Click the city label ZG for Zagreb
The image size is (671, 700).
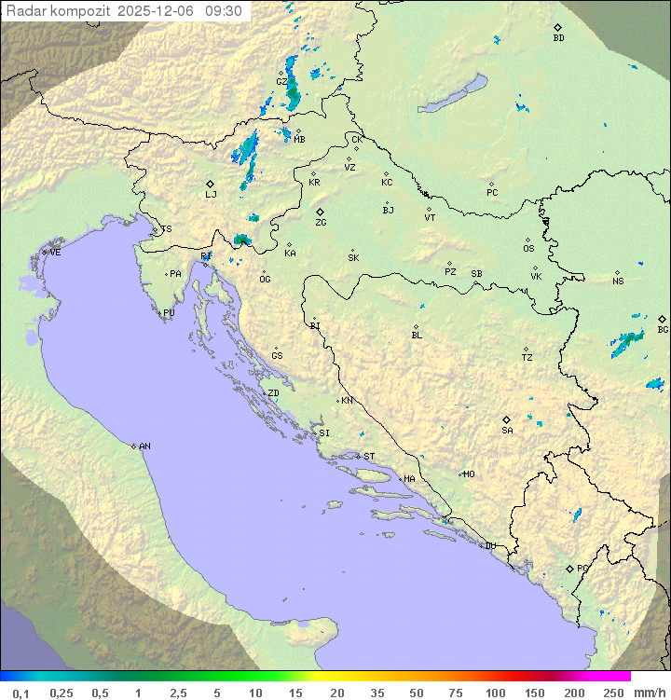click(x=321, y=223)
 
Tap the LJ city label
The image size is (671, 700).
click(x=211, y=195)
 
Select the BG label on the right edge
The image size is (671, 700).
click(x=663, y=329)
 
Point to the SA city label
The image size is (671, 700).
click(x=507, y=430)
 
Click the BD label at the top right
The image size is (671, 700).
click(x=558, y=38)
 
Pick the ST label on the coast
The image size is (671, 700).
click(x=369, y=457)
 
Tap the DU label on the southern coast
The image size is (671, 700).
click(x=489, y=546)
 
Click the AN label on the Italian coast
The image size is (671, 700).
click(x=144, y=446)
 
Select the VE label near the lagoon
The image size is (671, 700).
click(x=55, y=253)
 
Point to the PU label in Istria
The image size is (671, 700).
click(x=169, y=313)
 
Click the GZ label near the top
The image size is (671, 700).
click(x=281, y=81)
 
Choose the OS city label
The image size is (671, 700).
click(x=528, y=249)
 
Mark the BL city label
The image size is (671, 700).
click(x=417, y=335)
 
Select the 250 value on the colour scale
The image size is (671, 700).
click(x=613, y=693)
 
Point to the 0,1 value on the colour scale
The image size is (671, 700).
click(x=21, y=693)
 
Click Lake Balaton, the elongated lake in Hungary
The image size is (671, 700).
click(x=452, y=95)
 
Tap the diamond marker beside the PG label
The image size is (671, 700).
click(x=570, y=568)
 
